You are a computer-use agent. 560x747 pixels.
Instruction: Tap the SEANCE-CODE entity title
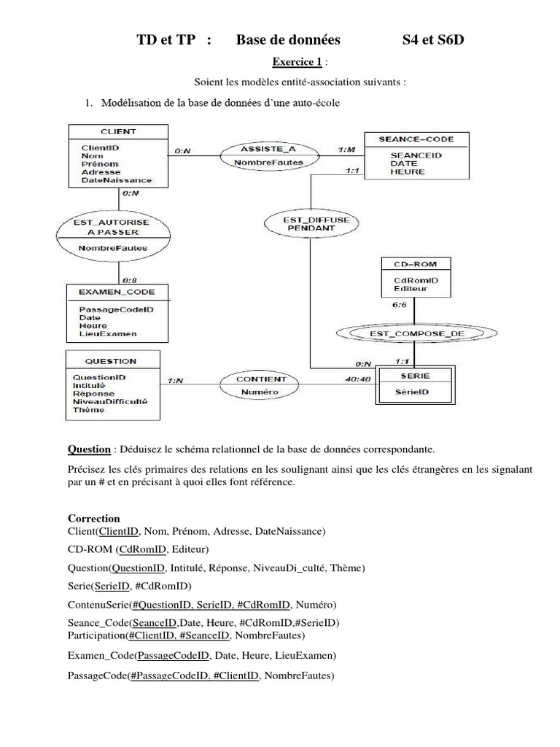(x=416, y=139)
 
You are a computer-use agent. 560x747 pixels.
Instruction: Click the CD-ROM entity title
(x=410, y=263)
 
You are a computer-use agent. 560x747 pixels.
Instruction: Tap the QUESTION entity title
(x=110, y=360)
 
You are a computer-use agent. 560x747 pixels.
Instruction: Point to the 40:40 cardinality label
(x=356, y=379)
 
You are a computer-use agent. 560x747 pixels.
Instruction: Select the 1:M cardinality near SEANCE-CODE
(x=348, y=150)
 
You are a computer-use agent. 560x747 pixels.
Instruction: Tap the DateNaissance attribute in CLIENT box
(x=117, y=179)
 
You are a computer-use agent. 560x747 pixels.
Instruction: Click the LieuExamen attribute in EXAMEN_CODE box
(x=108, y=334)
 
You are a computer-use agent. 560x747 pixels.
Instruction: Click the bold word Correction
(x=93, y=518)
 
